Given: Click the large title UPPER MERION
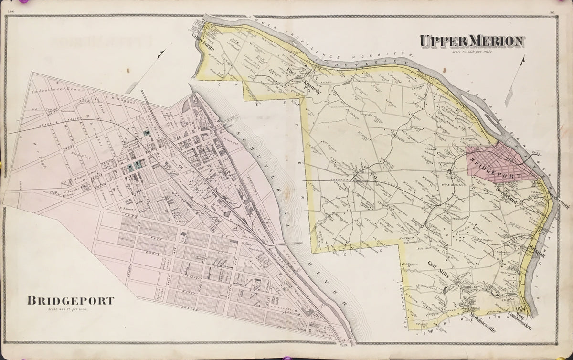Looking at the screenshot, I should click(472, 42).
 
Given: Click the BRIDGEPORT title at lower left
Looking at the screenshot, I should click(70, 301).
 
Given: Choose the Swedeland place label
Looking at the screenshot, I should click(508, 196).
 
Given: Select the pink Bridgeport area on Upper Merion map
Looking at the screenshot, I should click(497, 165).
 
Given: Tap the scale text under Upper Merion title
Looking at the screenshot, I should click(472, 51).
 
